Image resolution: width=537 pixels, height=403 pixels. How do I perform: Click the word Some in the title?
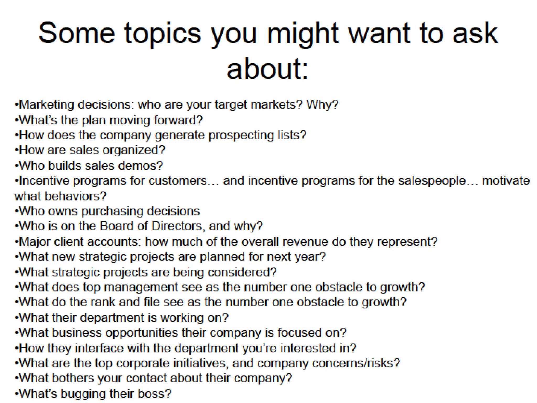[x=77, y=33]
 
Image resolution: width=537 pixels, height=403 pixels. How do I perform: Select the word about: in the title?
[x=267, y=69]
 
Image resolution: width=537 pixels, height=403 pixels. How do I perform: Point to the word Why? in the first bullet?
[x=323, y=104]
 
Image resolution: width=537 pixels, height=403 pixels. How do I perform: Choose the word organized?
[x=134, y=150]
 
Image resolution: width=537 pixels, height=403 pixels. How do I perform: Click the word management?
[x=141, y=287]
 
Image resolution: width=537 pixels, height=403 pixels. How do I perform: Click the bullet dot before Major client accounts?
[x=17, y=242]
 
